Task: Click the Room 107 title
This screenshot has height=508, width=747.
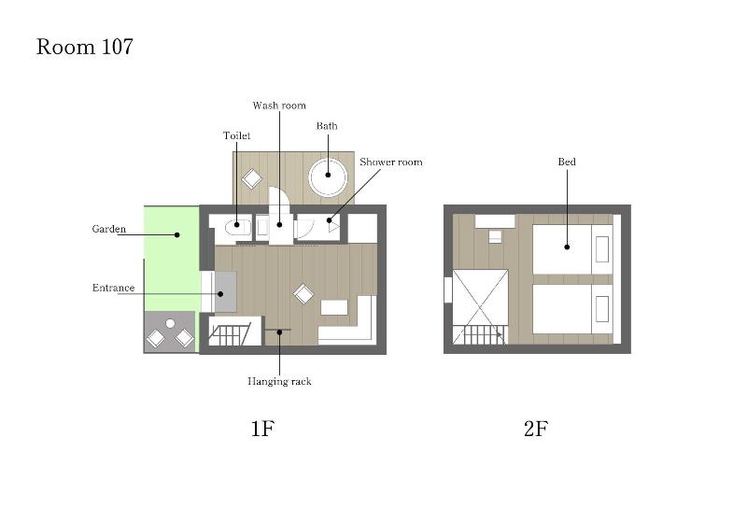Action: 84,47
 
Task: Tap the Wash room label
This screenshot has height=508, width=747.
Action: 279,106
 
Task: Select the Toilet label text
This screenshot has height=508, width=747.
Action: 237,135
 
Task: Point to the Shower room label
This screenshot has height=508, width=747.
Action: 391,162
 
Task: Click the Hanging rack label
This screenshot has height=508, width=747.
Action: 279,381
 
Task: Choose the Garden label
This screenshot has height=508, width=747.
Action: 109,229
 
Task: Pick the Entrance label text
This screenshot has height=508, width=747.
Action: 113,288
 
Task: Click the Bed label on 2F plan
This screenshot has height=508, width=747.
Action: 567,162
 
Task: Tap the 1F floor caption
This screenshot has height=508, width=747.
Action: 263,429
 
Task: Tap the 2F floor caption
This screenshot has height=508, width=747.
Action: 536,429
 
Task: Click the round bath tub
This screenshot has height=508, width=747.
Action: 328,176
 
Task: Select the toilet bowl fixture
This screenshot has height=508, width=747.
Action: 237,228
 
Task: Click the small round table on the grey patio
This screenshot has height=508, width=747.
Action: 170,324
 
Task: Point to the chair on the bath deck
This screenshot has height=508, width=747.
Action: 251,178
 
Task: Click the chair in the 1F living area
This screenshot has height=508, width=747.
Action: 303,294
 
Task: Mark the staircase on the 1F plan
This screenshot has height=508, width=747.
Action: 230,333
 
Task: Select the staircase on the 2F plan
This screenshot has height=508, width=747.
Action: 480,335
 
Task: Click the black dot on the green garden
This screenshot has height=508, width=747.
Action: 176,234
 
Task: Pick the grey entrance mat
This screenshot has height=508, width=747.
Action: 225,292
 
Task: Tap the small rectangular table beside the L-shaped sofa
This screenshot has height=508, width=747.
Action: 336,307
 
